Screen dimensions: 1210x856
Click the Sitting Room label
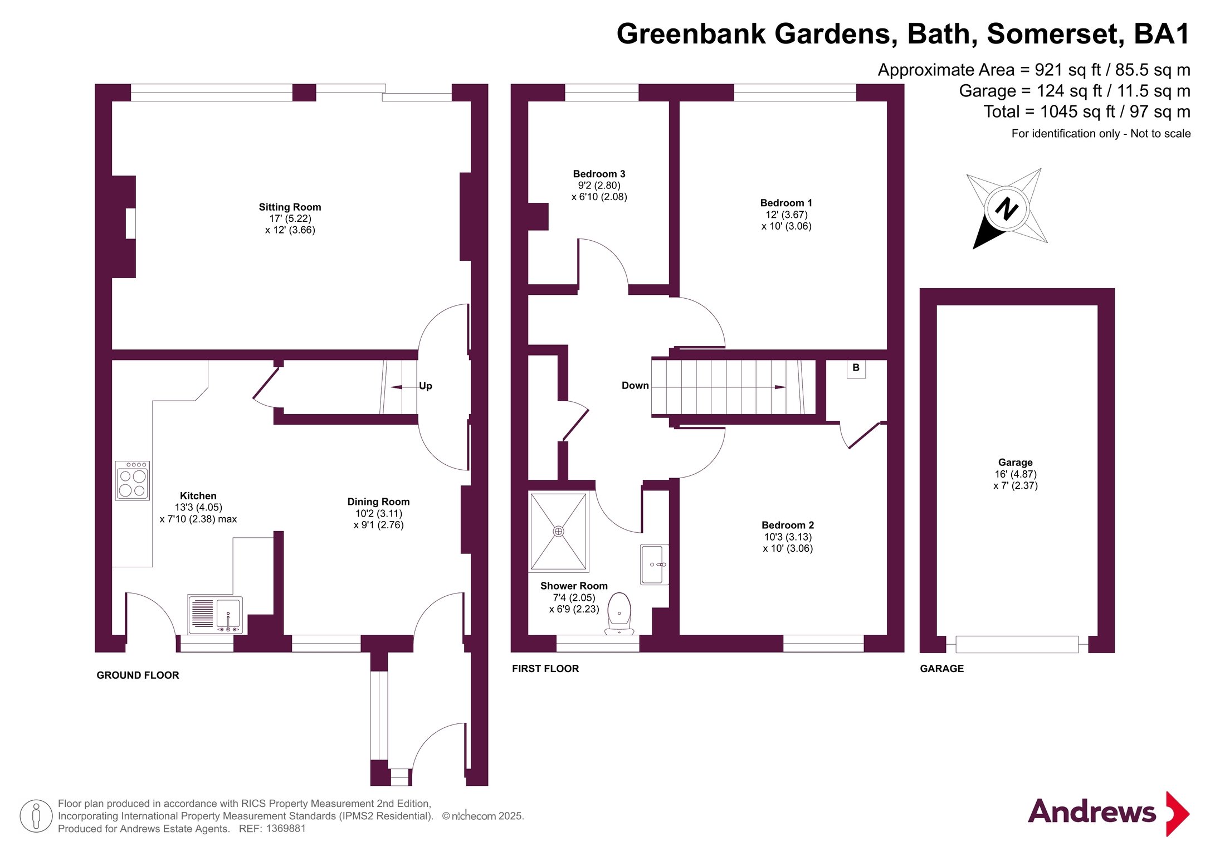[290, 207]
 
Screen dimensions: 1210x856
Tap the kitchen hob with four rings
[132, 480]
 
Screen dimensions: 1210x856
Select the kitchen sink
[216, 615]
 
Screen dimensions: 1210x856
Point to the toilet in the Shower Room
[619, 614]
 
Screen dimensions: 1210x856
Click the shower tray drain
[558, 532]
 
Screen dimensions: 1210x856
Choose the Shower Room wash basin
[655, 565]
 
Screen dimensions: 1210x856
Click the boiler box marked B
[856, 368]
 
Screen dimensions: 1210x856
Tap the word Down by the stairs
[635, 386]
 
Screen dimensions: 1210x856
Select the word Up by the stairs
[425, 386]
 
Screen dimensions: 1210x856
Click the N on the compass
[1007, 209]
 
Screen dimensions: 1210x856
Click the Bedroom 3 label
[599, 174]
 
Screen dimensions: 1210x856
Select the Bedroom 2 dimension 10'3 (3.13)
[788, 537]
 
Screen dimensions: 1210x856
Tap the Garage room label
[1015, 463]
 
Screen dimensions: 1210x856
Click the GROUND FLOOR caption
[138, 675]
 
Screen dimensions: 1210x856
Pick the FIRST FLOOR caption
[545, 669]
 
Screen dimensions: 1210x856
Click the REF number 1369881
[286, 829]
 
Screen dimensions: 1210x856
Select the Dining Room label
[378, 502]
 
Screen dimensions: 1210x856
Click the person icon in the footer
[36, 816]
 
